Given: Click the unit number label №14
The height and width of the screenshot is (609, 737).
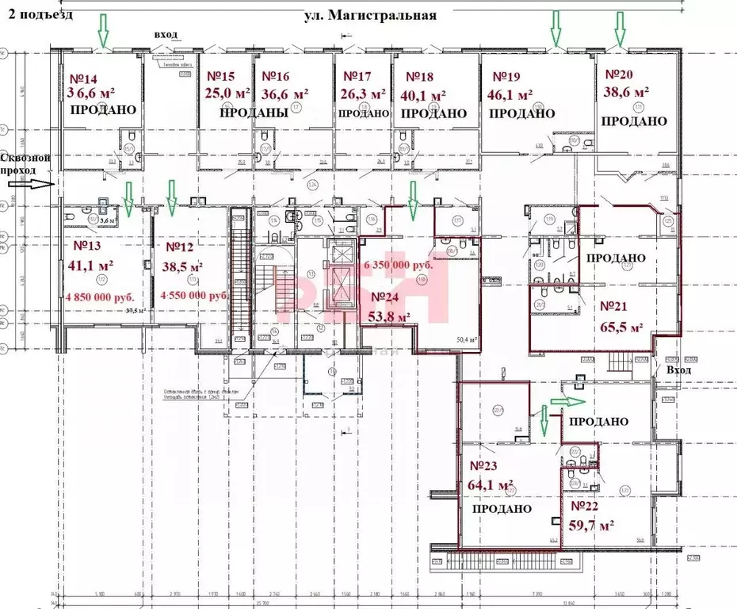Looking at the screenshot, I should pos(84,79).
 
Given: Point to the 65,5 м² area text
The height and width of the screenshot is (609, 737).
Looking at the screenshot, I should pos(621,327).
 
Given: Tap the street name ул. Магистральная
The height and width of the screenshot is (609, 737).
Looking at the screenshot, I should pos(370,15).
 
